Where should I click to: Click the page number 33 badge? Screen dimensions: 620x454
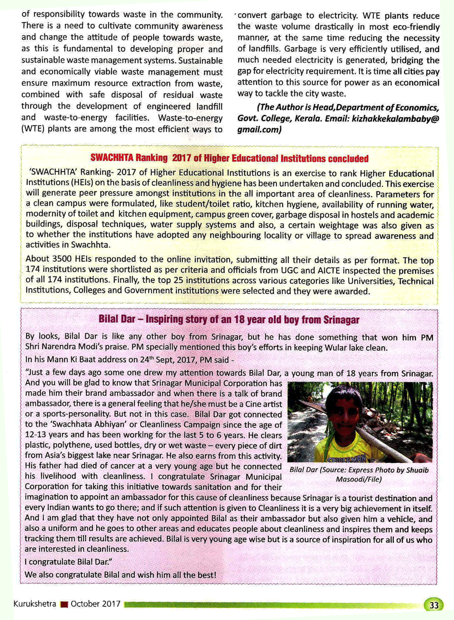pos(434,605)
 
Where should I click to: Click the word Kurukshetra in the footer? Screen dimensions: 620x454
pos(35,604)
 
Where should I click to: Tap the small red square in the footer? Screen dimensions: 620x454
pos(64,605)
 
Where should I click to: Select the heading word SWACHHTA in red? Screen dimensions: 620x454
pos(112,158)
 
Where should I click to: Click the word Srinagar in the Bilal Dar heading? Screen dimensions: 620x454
pos(341,320)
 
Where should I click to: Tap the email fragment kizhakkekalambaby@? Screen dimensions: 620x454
pos(395,118)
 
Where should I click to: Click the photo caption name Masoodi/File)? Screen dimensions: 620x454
pos(359,479)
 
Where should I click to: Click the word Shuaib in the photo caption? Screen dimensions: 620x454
pos(417,470)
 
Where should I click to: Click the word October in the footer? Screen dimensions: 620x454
pos(85,604)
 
